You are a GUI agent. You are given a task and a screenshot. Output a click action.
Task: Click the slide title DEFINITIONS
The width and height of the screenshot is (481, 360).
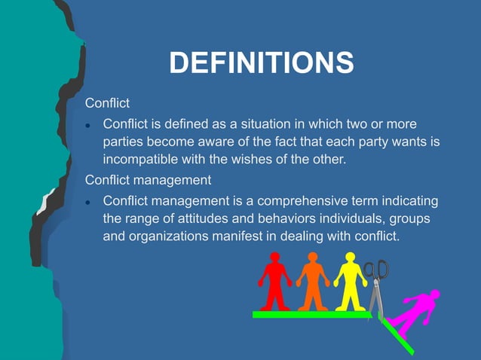tap(261, 63)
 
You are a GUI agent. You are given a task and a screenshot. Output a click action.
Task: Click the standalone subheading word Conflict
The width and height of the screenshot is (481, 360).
tap(108, 102)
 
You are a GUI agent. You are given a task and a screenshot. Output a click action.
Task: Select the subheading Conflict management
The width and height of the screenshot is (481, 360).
tap(148, 180)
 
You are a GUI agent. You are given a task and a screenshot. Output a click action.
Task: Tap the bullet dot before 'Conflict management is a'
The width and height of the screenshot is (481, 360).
tap(88, 203)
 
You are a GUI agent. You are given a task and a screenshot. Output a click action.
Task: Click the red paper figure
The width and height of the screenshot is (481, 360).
tap(274, 282)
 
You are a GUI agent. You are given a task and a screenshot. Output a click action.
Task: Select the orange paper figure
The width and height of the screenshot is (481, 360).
tap(312, 282)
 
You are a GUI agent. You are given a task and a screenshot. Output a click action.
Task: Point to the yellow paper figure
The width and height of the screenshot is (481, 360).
tap(350, 282)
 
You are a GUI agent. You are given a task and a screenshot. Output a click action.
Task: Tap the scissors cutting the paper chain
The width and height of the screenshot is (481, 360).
tap(376, 286)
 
